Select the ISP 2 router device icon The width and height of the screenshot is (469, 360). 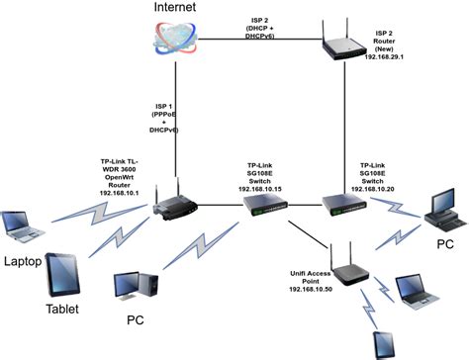(x=347, y=45)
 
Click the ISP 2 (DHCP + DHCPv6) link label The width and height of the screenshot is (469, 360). (x=262, y=29)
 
